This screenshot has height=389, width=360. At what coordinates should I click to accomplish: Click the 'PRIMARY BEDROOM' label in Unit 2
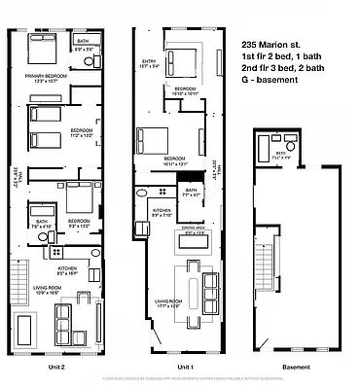click(46, 77)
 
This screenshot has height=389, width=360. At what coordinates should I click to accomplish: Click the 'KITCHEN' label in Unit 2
click(67, 269)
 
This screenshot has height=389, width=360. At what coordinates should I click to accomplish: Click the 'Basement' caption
click(295, 367)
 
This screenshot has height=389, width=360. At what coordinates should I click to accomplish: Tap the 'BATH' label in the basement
click(280, 153)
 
